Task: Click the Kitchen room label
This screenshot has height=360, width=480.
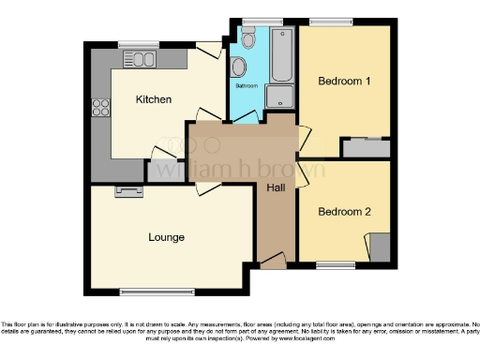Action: (153, 99)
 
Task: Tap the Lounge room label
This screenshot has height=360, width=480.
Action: (167, 237)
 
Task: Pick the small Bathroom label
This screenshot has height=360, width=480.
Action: (246, 86)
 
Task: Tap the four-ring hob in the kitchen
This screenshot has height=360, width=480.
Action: (99, 110)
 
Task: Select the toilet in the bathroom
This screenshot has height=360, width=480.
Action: (247, 37)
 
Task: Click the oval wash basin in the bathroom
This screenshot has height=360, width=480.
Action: (239, 67)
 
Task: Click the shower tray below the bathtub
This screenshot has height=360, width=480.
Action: (279, 97)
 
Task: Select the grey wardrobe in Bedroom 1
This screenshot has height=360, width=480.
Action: (366, 147)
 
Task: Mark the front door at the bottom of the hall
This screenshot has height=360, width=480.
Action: (273, 262)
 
